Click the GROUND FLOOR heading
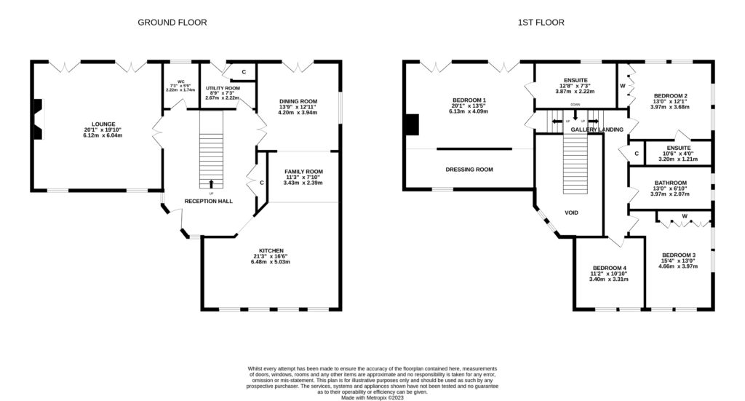pyautogui.click(x=172, y=23)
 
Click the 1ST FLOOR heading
pyautogui.click(x=541, y=23)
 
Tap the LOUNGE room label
pyautogui.click(x=103, y=124)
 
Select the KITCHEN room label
pyautogui.click(x=271, y=250)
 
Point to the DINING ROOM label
pyautogui.click(x=298, y=101)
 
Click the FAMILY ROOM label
pyautogui.click(x=303, y=172)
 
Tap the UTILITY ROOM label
pyautogui.click(x=223, y=88)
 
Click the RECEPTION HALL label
pyautogui.click(x=209, y=202)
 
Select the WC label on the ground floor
pyautogui.click(x=181, y=82)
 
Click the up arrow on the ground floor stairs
pyautogui.click(x=212, y=184)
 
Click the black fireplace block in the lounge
pyautogui.click(x=38, y=119)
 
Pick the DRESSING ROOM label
pyautogui.click(x=469, y=170)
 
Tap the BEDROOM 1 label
pyautogui.click(x=469, y=100)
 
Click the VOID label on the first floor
pyautogui.click(x=572, y=213)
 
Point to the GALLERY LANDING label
pyautogui.click(x=597, y=130)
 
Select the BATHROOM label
pyautogui.click(x=670, y=183)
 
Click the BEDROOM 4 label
pyautogui.click(x=610, y=268)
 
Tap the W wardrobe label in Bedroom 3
pyautogui.click(x=685, y=216)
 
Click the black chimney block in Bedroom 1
pyautogui.click(x=412, y=124)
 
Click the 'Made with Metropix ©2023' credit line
pyautogui.click(x=372, y=397)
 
